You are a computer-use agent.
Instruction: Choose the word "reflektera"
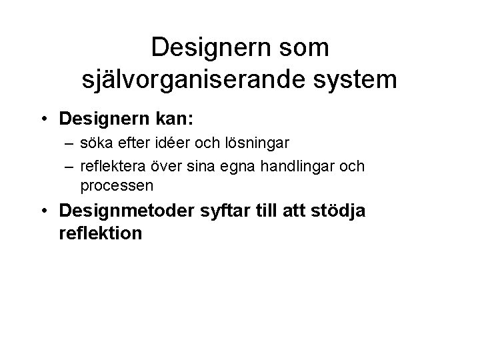(x=113, y=165)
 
